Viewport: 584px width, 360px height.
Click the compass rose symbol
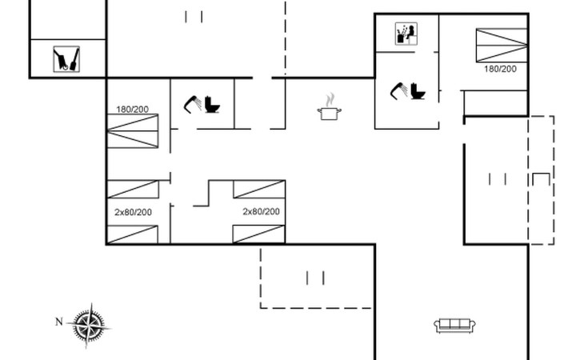tap(89, 326)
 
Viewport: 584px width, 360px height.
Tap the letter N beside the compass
tap(59, 322)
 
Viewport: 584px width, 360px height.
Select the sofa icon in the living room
tap(454, 326)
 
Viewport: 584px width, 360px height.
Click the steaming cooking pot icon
tap(330, 107)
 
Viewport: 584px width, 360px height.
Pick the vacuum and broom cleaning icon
tap(66, 59)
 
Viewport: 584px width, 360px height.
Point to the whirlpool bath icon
tap(406, 34)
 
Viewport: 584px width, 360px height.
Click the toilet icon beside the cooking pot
tap(212, 105)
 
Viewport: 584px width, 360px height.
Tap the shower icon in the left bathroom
tap(193, 105)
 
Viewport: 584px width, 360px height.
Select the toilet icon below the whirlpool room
tap(418, 91)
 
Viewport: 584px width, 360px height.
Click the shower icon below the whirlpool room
tap(399, 91)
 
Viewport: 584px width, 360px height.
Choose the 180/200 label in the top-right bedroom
tap(500, 69)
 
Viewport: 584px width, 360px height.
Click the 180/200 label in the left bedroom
tap(132, 110)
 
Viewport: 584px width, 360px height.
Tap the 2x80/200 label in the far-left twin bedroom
tap(133, 212)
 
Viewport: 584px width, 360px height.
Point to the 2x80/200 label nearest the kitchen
tap(261, 211)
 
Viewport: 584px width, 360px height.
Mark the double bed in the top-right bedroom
tap(502, 45)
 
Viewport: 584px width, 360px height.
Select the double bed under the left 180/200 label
tap(133, 131)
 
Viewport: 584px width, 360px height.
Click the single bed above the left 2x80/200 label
tap(133, 189)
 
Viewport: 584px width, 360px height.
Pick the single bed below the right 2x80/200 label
tap(259, 234)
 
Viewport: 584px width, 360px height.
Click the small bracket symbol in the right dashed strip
tap(541, 179)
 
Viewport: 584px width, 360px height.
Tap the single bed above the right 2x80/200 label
tap(259, 189)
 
